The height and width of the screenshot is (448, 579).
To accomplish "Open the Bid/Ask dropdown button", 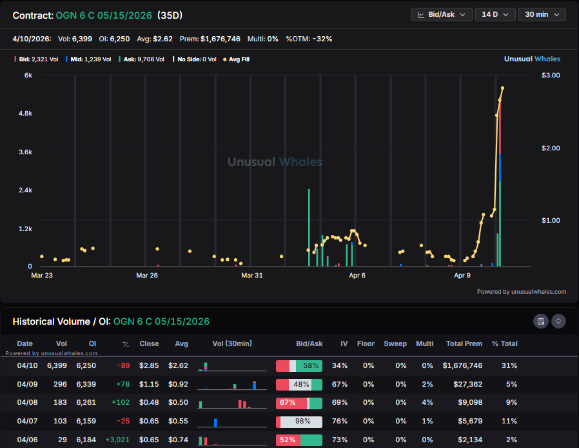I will tap(441, 14).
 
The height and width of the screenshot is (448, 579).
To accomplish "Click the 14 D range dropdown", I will tap(495, 14).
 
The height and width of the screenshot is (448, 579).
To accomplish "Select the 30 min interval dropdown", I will tap(542, 14).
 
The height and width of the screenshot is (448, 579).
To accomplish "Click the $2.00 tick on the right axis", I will tap(551, 148).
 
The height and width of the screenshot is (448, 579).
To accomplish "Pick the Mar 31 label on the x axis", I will tap(251, 276).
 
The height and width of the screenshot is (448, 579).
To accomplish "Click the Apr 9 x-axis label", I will tap(462, 276).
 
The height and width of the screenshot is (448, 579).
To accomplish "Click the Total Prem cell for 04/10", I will tap(462, 365).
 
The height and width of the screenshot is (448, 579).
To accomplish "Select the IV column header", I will tap(344, 343).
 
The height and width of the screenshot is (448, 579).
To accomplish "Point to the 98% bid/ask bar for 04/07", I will tap(299, 422).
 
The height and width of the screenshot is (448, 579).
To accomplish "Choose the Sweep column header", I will tap(395, 343).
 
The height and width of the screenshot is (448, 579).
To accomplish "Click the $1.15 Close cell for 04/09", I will tap(149, 384).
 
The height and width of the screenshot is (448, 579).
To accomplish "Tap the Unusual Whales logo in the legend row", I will tap(532, 59).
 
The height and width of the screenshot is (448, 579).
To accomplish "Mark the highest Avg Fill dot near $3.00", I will tap(502, 88).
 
